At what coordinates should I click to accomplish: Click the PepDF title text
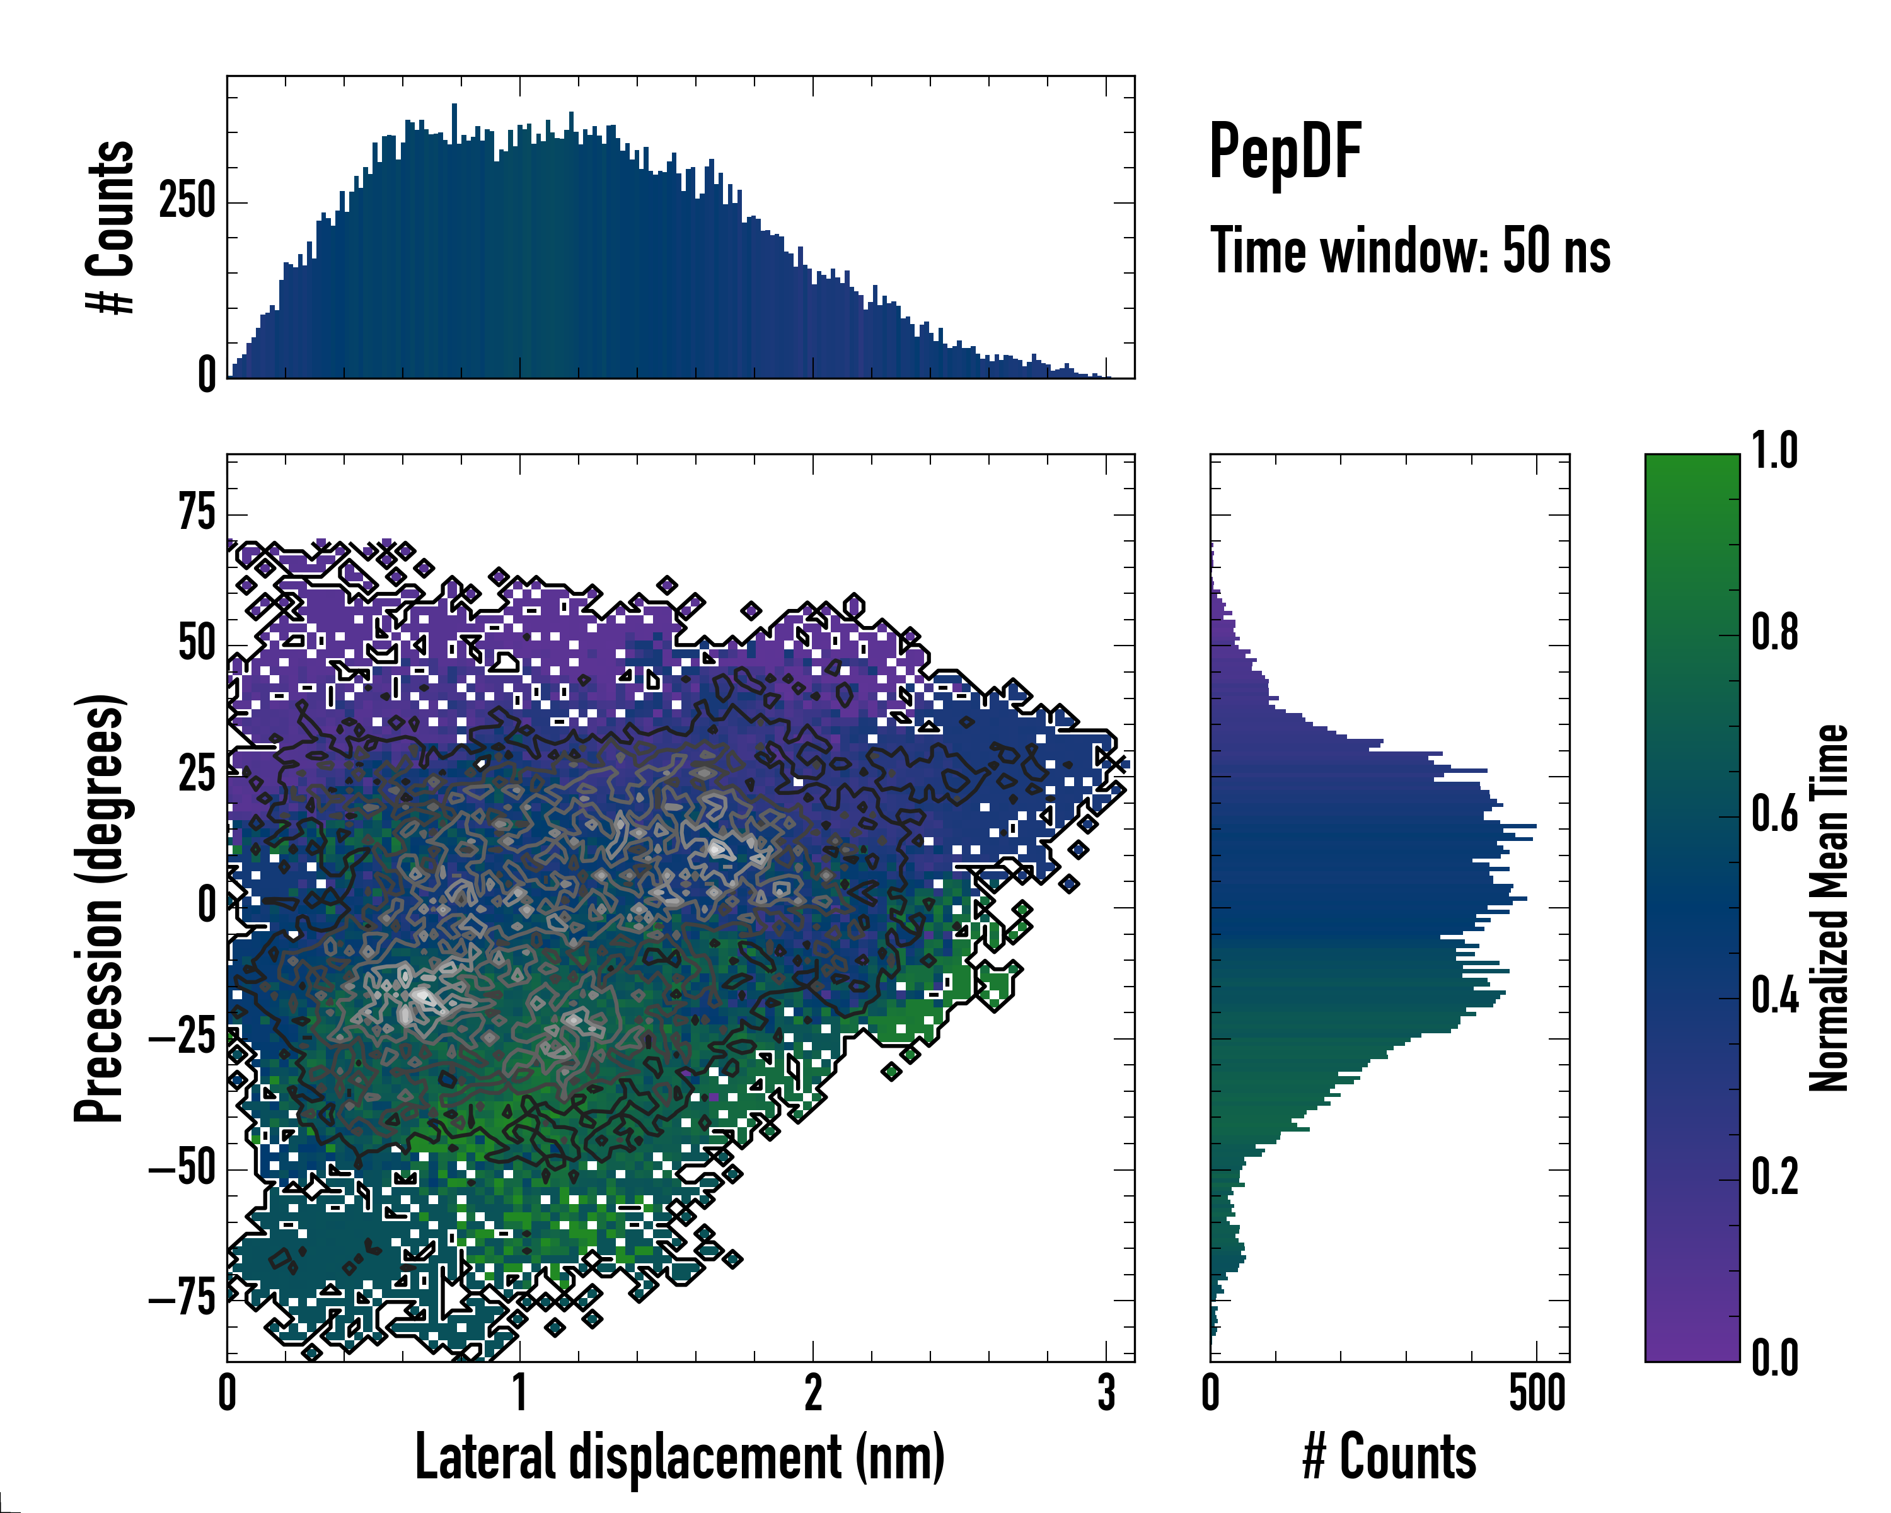(1285, 152)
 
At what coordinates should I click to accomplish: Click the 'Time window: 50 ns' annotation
(1409, 251)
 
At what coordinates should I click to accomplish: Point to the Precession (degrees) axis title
(98, 908)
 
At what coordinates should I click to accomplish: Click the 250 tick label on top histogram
(187, 202)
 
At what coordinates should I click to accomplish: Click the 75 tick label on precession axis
(197, 513)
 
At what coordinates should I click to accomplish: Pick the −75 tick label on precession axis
(182, 1298)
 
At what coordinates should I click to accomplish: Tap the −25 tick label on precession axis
(182, 1037)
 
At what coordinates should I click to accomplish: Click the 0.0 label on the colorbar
(1774, 1358)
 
